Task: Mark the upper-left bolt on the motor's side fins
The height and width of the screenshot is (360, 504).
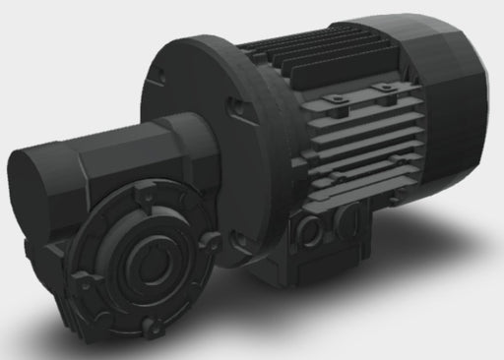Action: (x=334, y=99)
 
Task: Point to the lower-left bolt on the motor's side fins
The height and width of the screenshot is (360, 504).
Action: (x=335, y=178)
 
